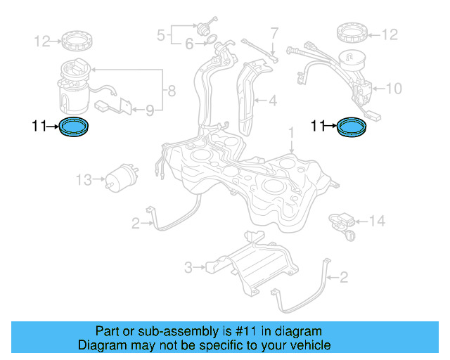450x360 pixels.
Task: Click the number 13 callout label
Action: click(x=84, y=181)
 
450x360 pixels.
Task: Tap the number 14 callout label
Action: click(x=378, y=221)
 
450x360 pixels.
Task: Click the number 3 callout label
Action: click(x=188, y=267)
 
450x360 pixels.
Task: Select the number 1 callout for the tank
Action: click(x=290, y=132)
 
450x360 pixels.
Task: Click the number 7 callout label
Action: click(x=274, y=32)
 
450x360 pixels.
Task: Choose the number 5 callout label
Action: click(x=160, y=33)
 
